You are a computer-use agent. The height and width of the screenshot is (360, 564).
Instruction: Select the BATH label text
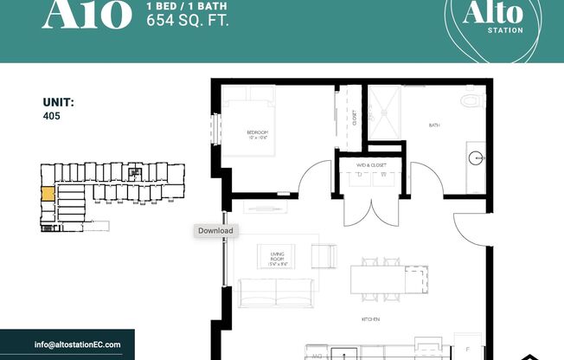click(434, 125)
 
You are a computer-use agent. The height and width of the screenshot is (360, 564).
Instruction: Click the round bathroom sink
click(477, 158)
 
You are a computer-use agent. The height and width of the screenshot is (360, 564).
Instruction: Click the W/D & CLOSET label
click(371, 164)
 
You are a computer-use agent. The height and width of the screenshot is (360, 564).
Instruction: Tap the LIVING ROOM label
click(278, 254)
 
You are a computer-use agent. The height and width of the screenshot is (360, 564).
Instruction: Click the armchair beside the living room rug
click(323, 257)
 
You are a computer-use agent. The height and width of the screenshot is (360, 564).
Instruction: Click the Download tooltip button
click(215, 231)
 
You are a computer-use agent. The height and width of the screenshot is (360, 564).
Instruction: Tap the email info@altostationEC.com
click(78, 344)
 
